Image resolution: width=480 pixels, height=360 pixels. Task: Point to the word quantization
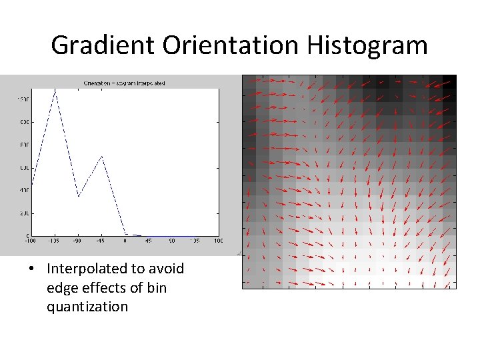pyautogui.click(x=87, y=307)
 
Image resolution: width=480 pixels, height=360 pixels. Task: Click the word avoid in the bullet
pyautogui.click(x=166, y=269)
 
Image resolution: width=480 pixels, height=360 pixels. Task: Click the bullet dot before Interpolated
pyautogui.click(x=32, y=269)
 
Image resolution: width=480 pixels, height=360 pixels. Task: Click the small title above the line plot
pyautogui.click(x=125, y=83)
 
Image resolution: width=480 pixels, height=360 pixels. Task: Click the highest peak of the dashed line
pyautogui.click(x=55, y=90)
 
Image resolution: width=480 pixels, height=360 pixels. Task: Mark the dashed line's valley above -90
pyautogui.click(x=78, y=197)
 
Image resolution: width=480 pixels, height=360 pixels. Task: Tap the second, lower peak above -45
pyautogui.click(x=101, y=156)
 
